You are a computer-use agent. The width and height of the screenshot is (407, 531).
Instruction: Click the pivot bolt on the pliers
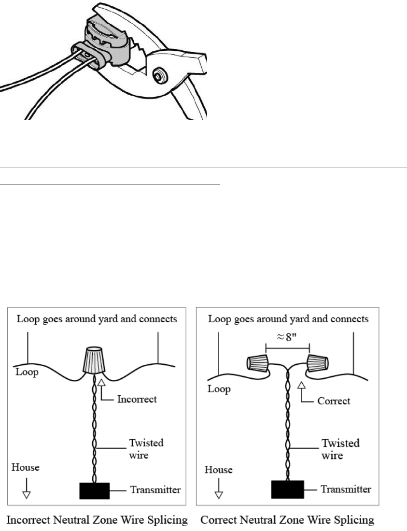[158, 75]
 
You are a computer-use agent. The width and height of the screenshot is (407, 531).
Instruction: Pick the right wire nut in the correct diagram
[317, 361]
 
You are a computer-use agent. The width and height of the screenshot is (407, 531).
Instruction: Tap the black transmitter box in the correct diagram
[287, 489]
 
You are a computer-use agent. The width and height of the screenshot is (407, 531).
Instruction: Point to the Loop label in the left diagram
[24, 373]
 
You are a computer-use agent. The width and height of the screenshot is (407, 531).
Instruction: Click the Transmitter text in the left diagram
[155, 490]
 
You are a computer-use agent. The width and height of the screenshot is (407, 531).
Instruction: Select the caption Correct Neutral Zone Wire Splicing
[287, 520]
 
